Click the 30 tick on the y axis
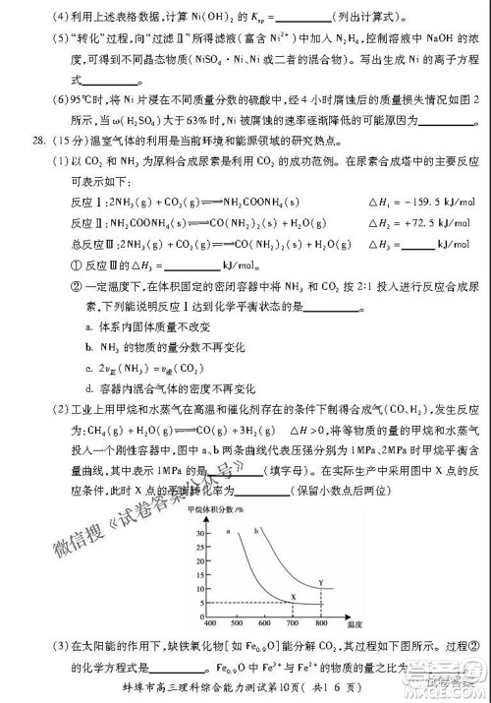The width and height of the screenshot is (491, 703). pos(201,532)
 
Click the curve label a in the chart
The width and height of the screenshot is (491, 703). pos(227,532)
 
